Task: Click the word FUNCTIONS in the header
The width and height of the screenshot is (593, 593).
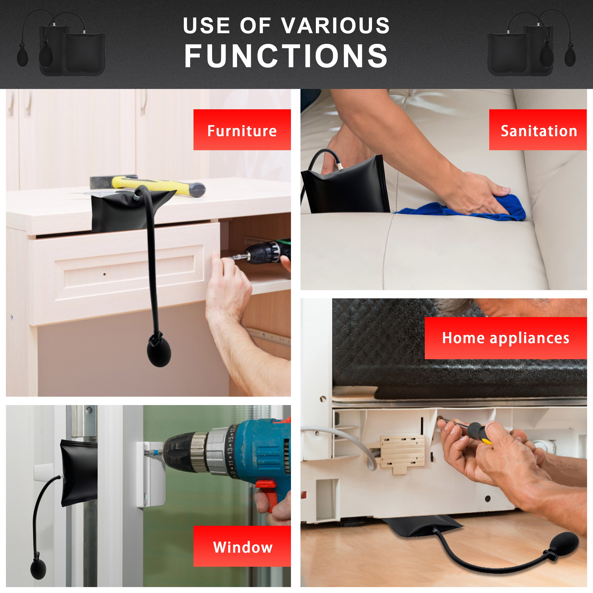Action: [286, 56]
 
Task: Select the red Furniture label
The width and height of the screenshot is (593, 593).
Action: [242, 129]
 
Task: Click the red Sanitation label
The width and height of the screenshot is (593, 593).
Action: [538, 129]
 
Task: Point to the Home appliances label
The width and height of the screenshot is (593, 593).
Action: [505, 338]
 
